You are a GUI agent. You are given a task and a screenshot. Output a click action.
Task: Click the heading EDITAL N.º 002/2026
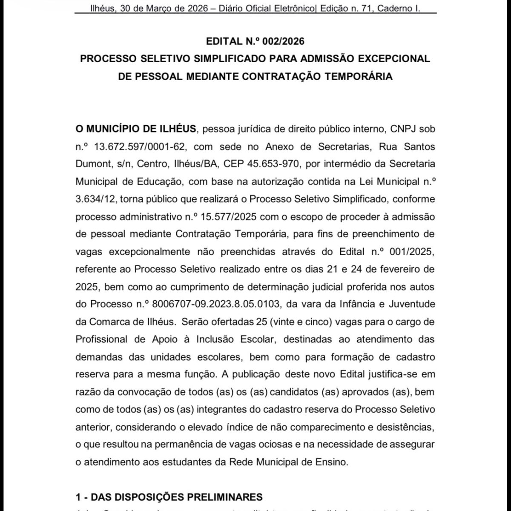point(255,41)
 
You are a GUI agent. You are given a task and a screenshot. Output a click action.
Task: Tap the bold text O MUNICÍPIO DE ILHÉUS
point(136,129)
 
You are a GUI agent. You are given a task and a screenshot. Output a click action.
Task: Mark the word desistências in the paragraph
point(408,427)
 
